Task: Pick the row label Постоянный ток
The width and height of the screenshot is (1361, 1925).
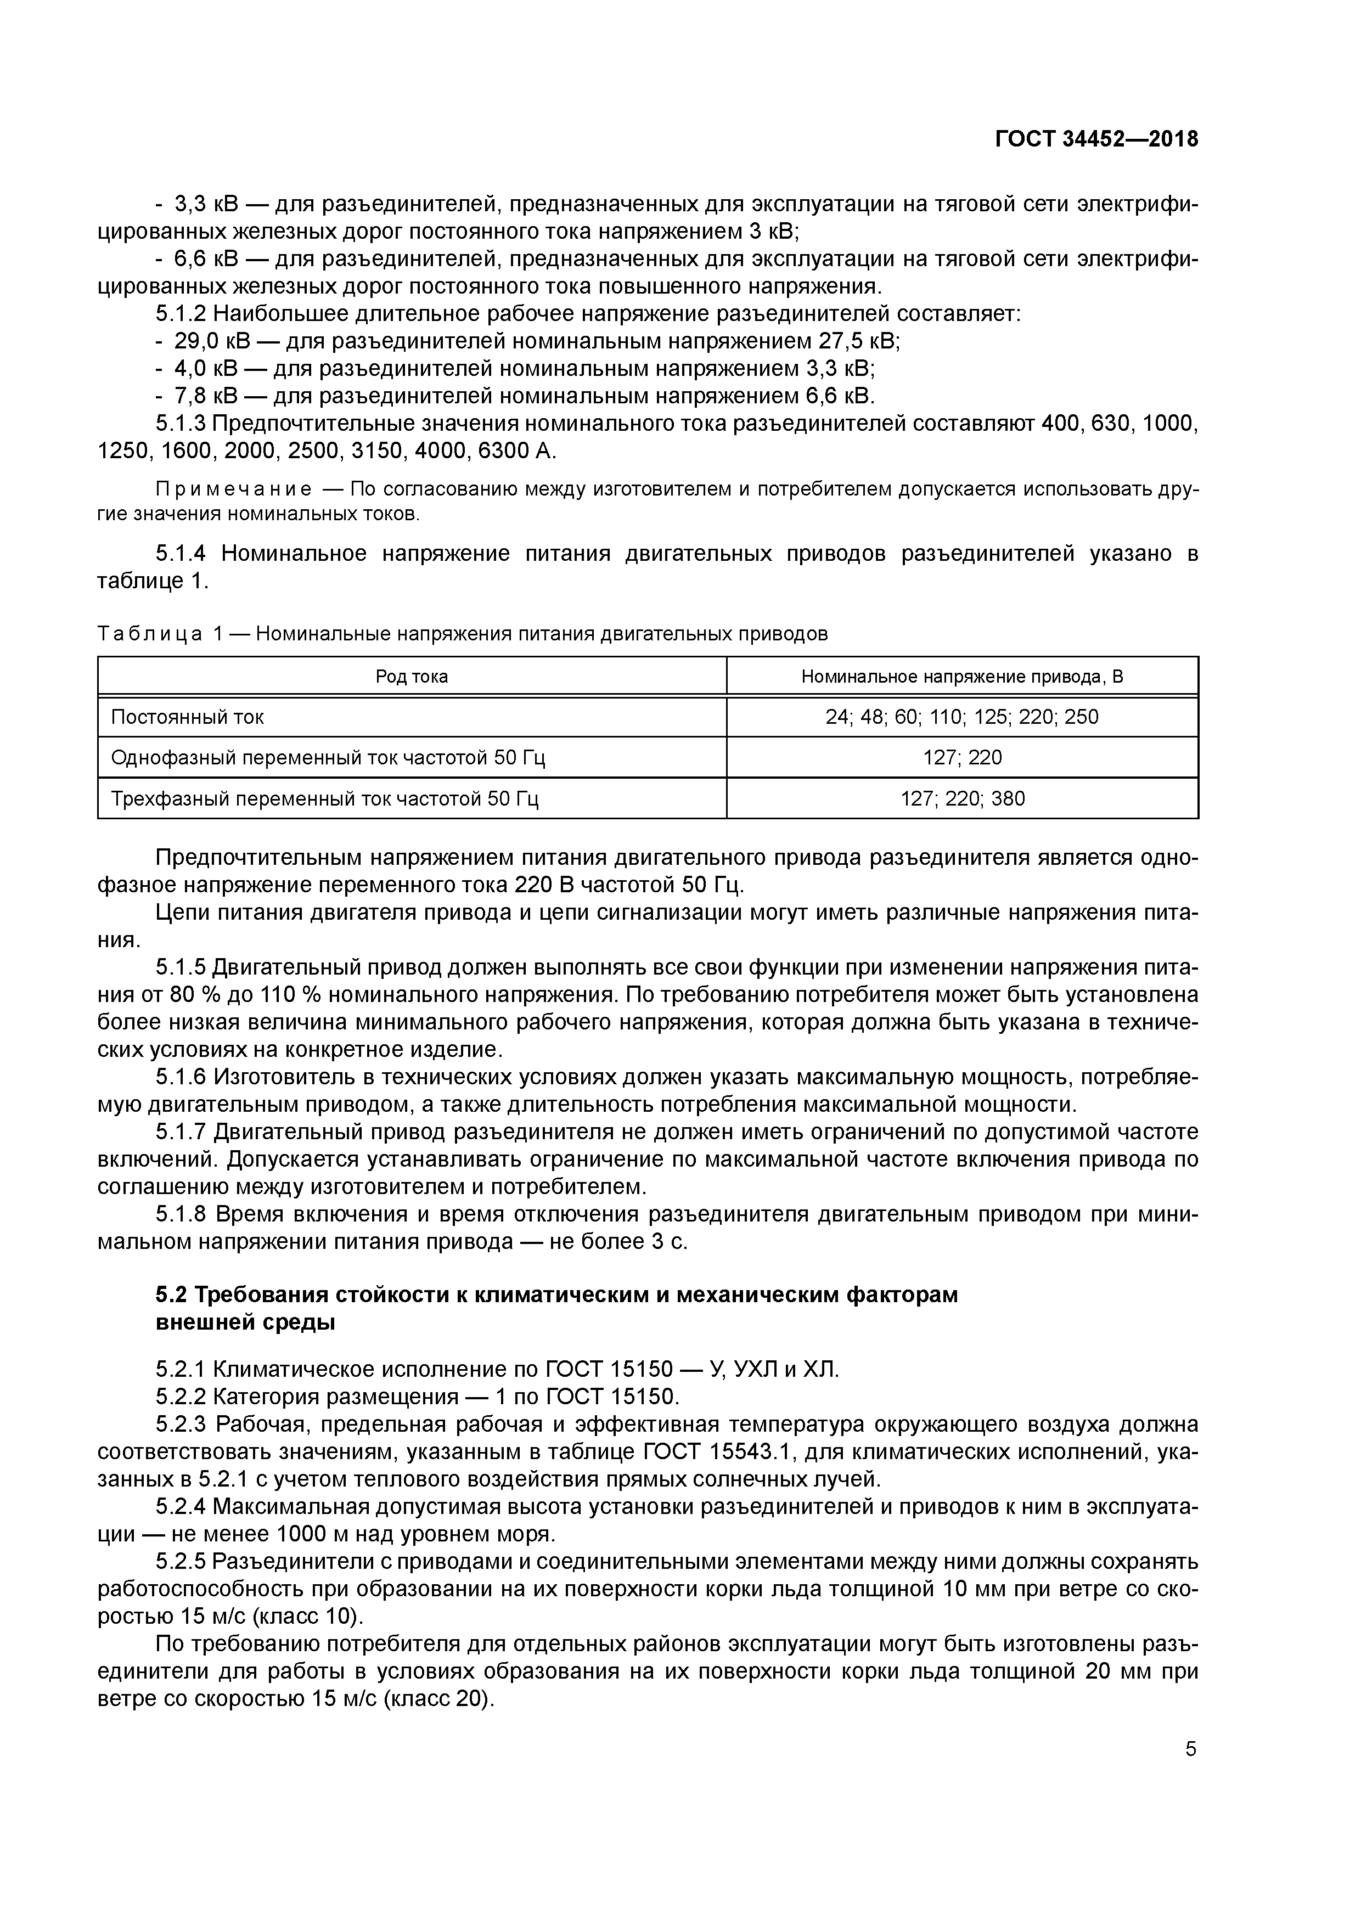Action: point(188,717)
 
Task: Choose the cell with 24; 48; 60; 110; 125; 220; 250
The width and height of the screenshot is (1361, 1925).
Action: point(962,717)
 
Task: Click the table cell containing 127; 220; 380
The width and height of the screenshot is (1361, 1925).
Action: point(962,798)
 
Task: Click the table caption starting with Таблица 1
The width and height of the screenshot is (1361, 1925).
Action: point(462,634)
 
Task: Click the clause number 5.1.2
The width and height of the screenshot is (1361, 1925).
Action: point(181,313)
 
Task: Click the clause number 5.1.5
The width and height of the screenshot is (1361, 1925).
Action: point(181,967)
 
